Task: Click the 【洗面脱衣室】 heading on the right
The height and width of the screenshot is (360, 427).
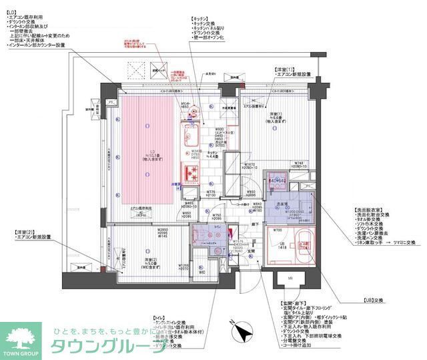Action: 368,210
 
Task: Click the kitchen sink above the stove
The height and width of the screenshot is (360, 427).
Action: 193,137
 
